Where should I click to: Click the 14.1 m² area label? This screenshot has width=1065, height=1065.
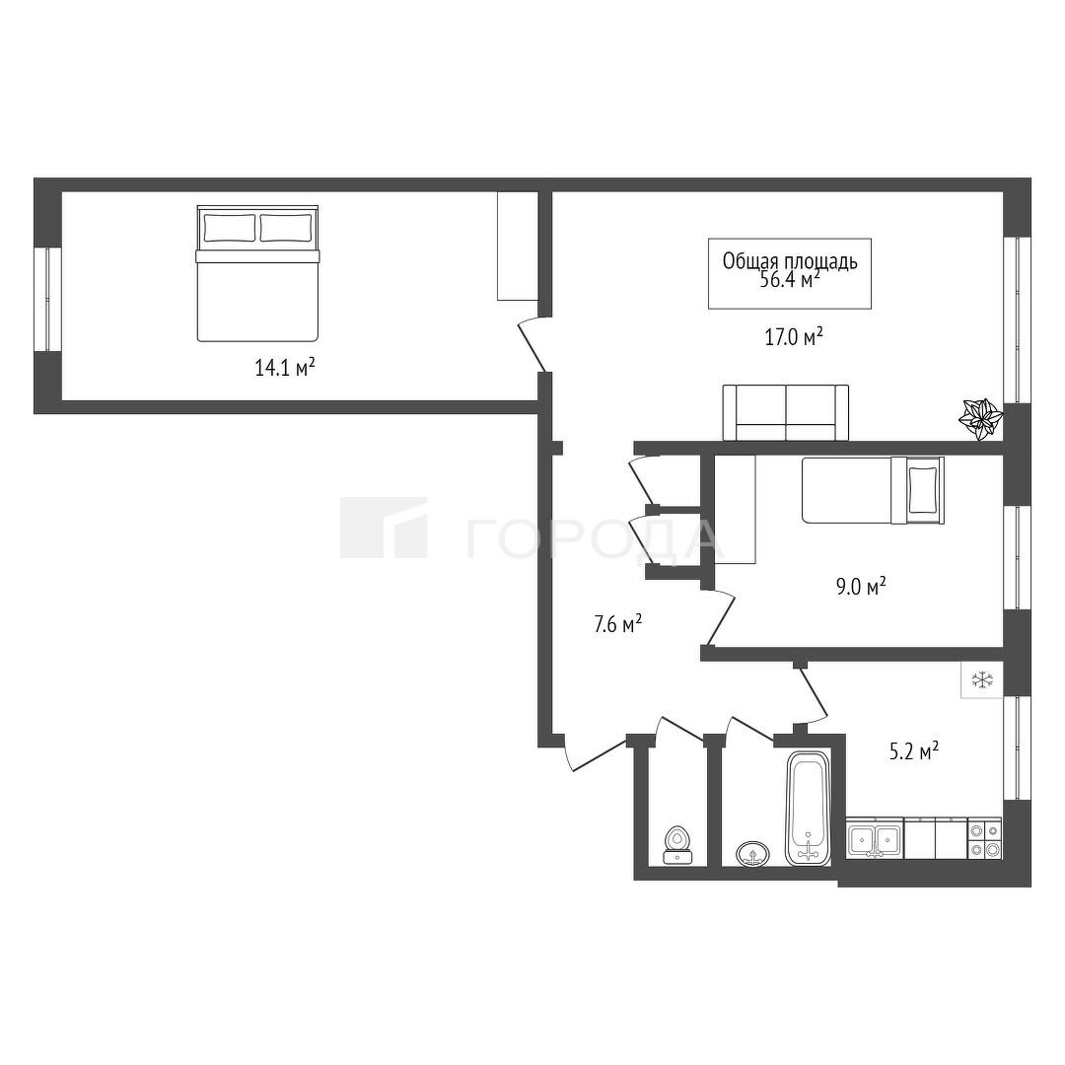[x=285, y=368]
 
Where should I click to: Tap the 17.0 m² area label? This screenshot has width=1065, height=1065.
[x=794, y=337]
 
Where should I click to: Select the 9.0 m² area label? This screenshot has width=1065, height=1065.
[x=861, y=586]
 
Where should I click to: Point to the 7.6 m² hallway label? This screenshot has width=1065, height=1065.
[x=618, y=623]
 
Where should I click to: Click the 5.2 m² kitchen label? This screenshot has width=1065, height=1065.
[x=914, y=751]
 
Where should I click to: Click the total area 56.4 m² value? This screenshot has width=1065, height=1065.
[x=790, y=280]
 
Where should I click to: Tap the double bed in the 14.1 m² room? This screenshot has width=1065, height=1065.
[x=257, y=273]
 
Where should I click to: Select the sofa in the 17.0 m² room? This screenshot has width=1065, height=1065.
[x=786, y=412]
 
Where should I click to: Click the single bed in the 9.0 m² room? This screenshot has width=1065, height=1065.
[x=873, y=490]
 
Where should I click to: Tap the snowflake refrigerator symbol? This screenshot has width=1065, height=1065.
[x=982, y=679]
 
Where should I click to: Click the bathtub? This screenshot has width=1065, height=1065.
[x=809, y=808]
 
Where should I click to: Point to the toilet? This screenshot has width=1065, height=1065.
[x=677, y=845]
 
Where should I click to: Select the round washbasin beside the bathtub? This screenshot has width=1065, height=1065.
[x=752, y=852]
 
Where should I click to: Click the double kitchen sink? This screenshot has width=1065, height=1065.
[x=875, y=839]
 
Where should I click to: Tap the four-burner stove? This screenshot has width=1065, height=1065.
[x=984, y=838]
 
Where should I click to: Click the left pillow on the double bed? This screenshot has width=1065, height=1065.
[x=230, y=228]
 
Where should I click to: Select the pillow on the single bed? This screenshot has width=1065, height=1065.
[x=923, y=490]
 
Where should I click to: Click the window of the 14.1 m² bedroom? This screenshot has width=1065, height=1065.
[x=47, y=299]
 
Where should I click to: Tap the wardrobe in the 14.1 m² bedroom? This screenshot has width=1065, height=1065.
[x=518, y=246]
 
